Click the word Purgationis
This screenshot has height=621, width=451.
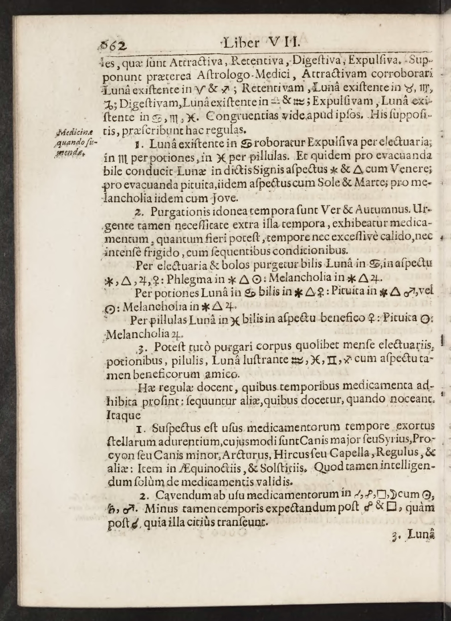181,211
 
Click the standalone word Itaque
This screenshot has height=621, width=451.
123,415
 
